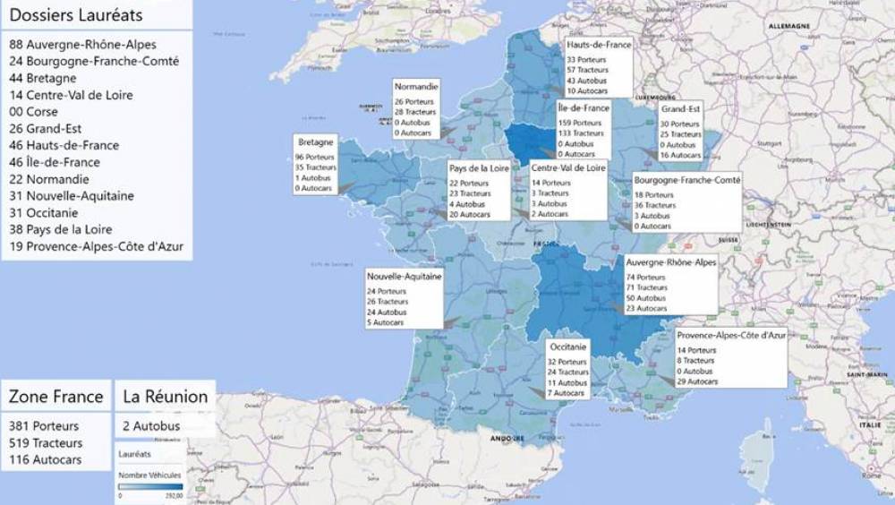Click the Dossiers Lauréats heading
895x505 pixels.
tap(76, 15)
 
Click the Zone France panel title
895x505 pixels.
tap(54, 397)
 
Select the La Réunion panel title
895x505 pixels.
tap(166, 397)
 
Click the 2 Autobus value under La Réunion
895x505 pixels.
tap(151, 426)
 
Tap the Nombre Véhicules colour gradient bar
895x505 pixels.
tap(150, 486)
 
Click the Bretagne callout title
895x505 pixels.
tap(315, 142)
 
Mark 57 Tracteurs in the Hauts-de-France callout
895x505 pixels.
tap(588, 70)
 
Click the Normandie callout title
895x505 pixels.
tap(416, 87)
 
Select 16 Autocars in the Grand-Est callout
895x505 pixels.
tap(681, 155)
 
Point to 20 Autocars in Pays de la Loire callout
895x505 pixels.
tap(470, 215)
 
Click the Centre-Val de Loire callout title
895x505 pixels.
tap(568, 167)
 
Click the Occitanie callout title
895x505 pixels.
tap(568, 347)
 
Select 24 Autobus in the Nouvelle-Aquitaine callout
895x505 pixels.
tap(388, 312)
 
